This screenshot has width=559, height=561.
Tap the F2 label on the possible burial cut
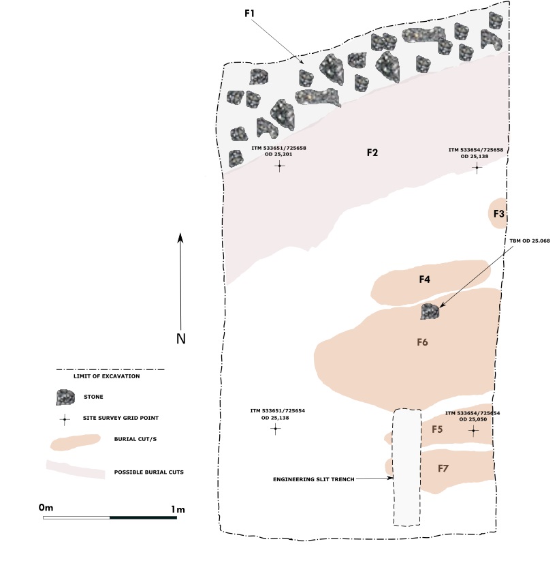(372, 153)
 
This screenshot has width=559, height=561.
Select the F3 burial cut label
(499, 214)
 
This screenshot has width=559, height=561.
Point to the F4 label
(425, 279)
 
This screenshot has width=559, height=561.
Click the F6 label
(421, 342)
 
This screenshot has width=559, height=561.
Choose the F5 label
(438, 429)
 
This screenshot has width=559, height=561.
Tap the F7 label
(443, 469)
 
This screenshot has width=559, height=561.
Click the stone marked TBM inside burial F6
(430, 312)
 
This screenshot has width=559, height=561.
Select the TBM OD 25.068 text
(529, 241)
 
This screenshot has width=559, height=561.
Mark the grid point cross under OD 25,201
(279, 166)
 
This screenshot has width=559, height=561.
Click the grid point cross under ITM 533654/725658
(477, 167)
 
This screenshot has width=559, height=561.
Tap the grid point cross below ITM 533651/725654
(275, 429)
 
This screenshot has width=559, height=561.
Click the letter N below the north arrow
(181, 339)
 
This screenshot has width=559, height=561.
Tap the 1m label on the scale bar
(178, 509)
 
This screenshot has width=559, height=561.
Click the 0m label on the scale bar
(46, 508)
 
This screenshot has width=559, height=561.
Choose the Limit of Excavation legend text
(106, 376)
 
